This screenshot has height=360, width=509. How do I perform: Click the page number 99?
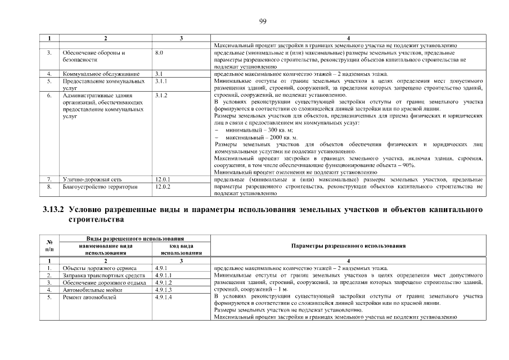click(262, 21)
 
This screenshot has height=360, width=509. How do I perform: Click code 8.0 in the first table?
click(159, 52)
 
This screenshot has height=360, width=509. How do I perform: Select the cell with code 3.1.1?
click(161, 81)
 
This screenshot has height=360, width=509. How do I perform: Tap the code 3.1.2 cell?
click(161, 95)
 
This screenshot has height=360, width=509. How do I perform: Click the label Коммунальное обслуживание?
click(92, 74)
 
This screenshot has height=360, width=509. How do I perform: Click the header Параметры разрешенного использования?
click(349, 246)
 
